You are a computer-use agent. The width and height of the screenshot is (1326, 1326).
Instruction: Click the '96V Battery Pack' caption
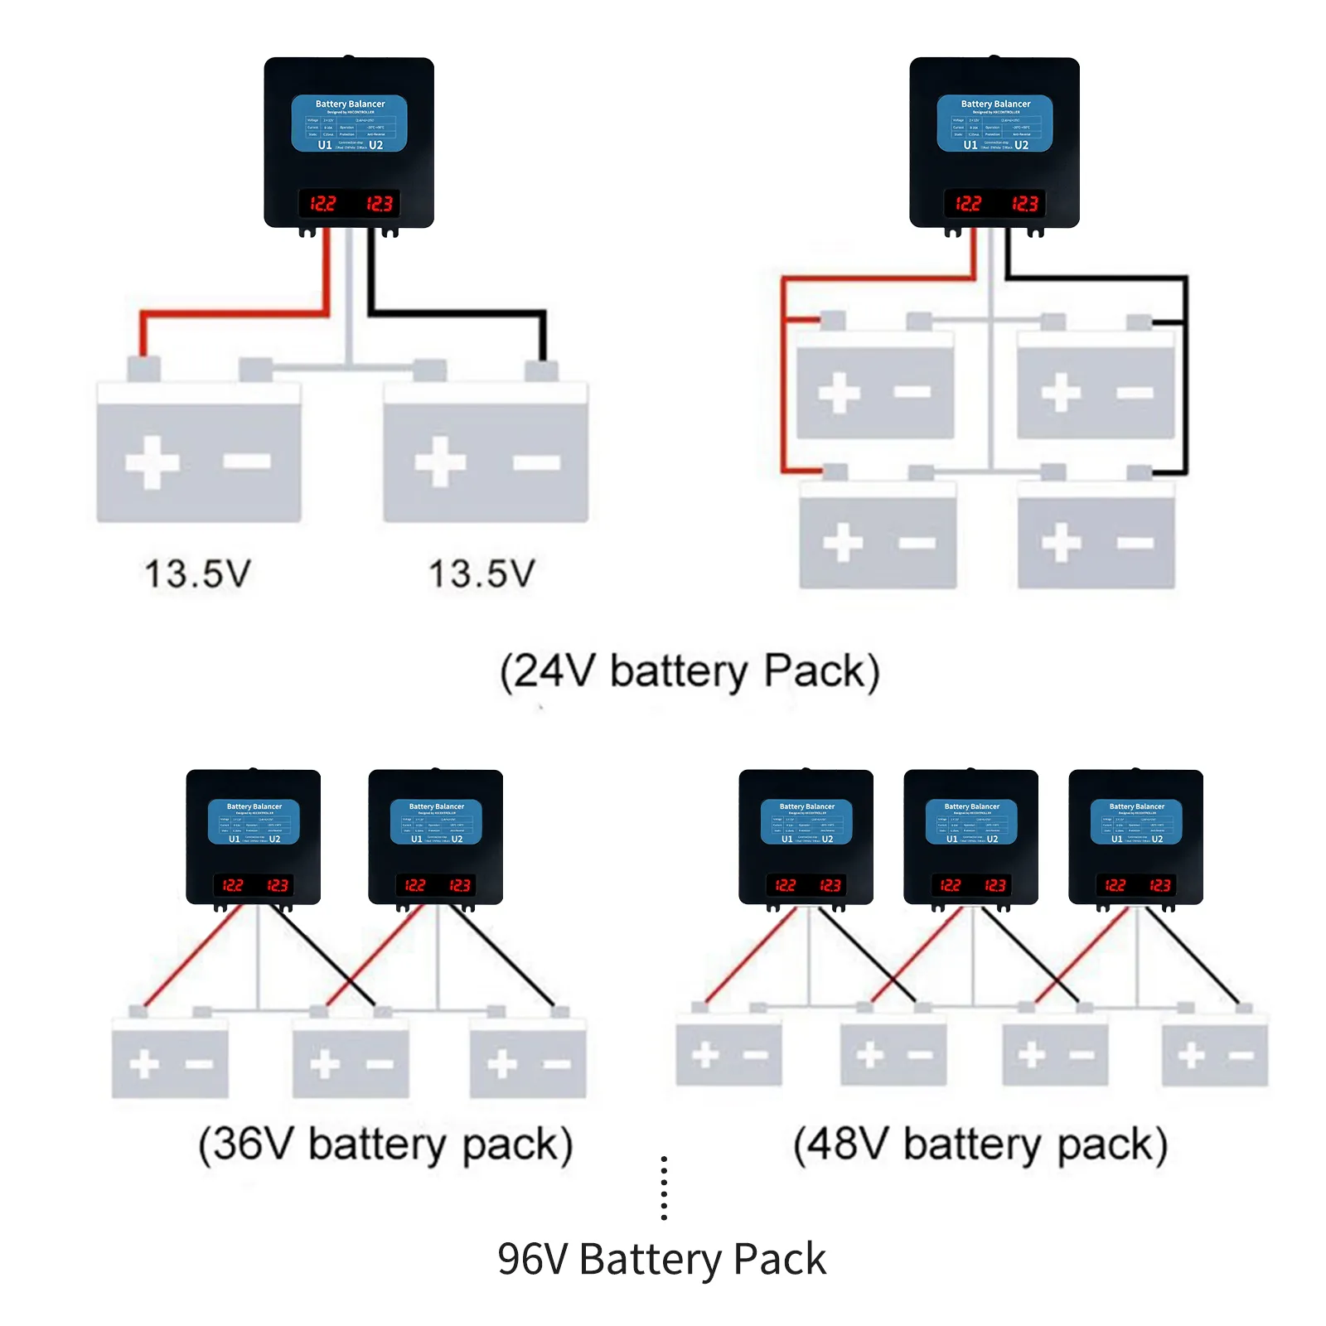click(661, 1259)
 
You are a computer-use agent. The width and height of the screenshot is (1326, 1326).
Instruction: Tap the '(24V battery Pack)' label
click(689, 670)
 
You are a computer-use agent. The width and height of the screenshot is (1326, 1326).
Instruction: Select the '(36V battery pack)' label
click(385, 1145)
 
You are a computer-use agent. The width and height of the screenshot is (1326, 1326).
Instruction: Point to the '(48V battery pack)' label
click(980, 1145)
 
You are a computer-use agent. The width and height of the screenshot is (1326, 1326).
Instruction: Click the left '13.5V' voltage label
click(197, 573)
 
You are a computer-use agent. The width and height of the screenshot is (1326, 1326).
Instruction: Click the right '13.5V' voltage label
click(482, 573)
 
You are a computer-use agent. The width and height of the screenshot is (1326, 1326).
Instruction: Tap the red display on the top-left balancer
click(350, 203)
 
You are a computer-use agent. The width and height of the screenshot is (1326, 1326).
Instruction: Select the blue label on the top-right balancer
click(994, 123)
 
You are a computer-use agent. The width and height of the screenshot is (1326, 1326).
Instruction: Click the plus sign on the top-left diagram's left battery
click(152, 462)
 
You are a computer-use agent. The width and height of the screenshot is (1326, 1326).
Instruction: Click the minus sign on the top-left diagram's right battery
click(536, 462)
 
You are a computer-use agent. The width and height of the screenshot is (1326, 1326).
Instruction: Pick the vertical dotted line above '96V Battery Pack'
click(664, 1188)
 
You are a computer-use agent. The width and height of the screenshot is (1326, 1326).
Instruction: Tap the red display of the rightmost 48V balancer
click(1136, 885)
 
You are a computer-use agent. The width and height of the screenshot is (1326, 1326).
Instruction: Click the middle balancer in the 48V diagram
click(970, 837)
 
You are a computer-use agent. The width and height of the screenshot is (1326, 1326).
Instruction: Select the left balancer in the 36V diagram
click(254, 837)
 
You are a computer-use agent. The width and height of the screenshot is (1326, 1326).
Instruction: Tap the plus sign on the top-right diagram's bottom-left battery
click(844, 543)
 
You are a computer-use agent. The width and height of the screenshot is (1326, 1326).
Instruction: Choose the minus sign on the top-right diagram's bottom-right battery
click(1135, 543)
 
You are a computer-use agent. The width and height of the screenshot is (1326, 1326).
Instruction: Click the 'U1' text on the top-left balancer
click(325, 145)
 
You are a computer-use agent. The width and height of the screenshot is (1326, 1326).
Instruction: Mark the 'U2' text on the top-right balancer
click(1021, 145)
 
